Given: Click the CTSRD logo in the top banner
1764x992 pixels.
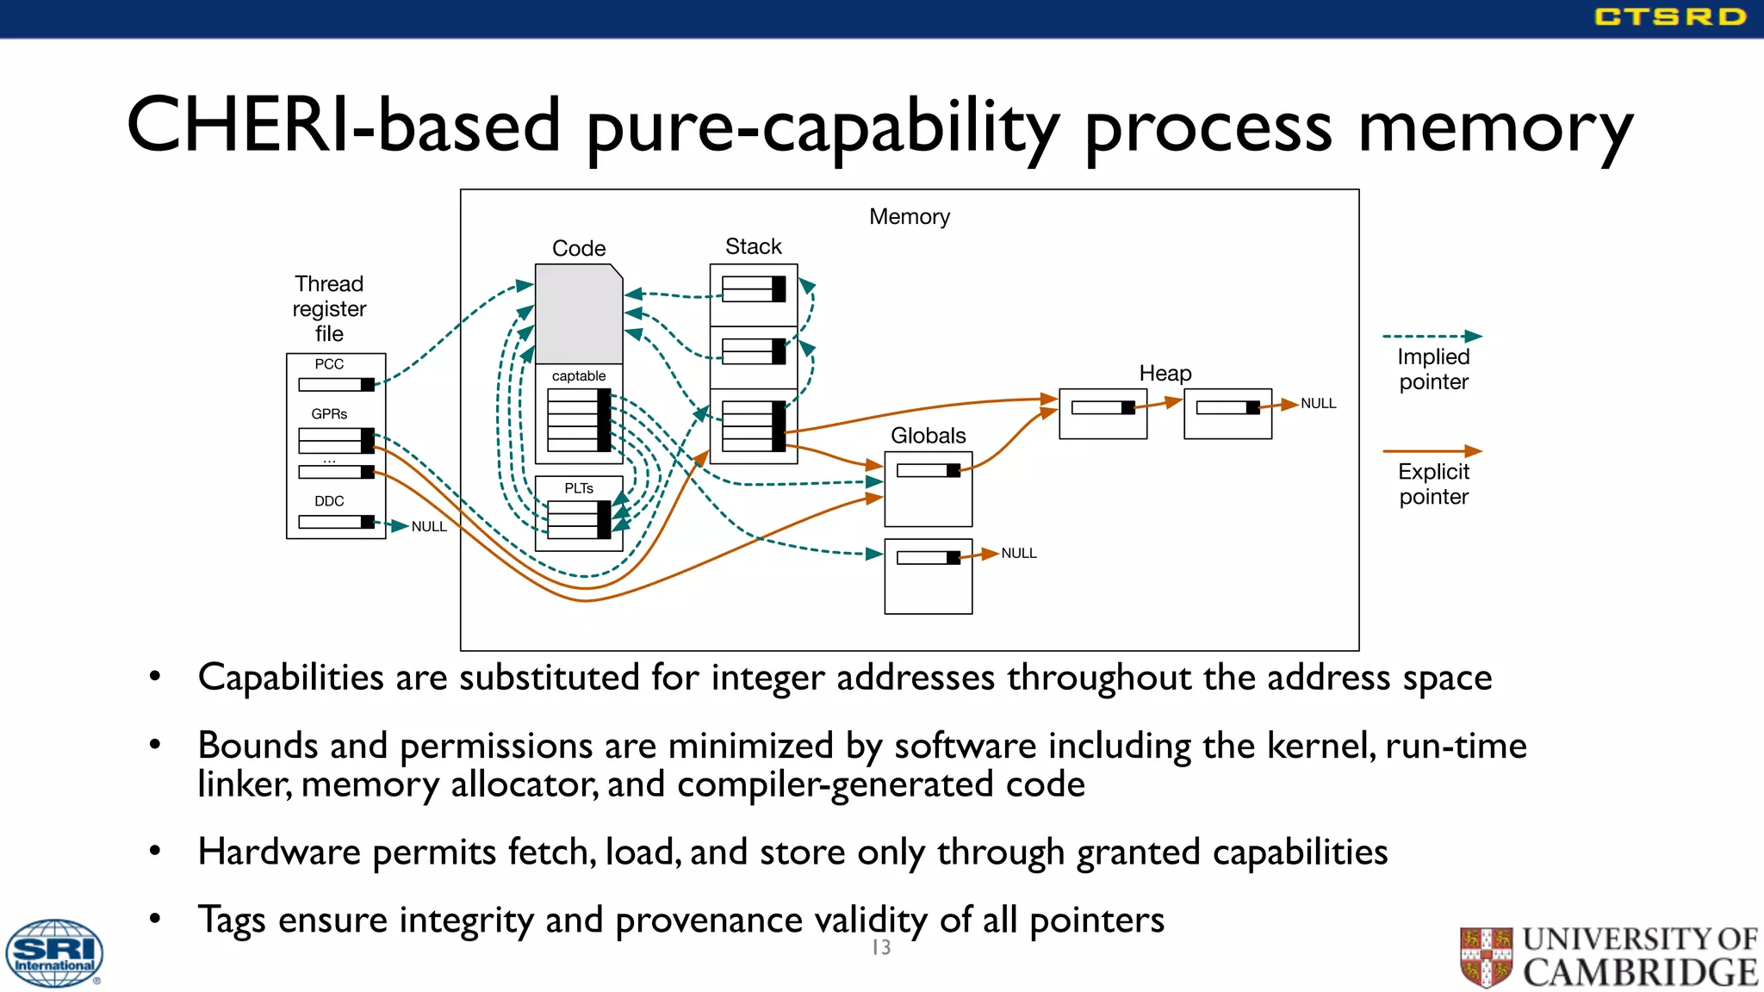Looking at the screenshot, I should tap(1669, 17).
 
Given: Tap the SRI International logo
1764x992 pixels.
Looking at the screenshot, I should tap(54, 953).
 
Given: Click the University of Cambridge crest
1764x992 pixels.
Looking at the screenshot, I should tap(1486, 956).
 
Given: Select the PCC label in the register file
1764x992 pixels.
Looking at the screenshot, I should tap(329, 364).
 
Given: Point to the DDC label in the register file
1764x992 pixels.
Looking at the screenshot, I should tap(329, 501).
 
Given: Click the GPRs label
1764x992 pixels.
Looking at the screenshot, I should tap(329, 414).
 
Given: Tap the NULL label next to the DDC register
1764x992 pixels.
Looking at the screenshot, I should tap(429, 527).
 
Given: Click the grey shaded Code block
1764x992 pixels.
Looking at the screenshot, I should tap(578, 313).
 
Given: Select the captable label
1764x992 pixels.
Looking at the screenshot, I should tap(579, 376).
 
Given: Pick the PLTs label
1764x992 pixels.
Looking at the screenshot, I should tap(579, 488).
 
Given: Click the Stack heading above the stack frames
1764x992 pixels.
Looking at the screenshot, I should tap(753, 247).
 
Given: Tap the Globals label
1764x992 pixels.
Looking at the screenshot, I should tap(928, 436).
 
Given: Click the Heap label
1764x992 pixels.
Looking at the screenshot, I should tap(1165, 374).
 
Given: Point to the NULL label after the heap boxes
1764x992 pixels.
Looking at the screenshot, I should tap(1318, 404).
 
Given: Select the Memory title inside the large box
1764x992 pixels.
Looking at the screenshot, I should tap(909, 217).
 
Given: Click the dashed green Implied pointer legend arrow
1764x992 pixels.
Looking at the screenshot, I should tap(1432, 337).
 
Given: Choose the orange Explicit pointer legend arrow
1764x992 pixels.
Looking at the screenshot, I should tap(1432, 451).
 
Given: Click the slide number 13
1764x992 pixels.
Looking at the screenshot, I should tap(881, 948).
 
